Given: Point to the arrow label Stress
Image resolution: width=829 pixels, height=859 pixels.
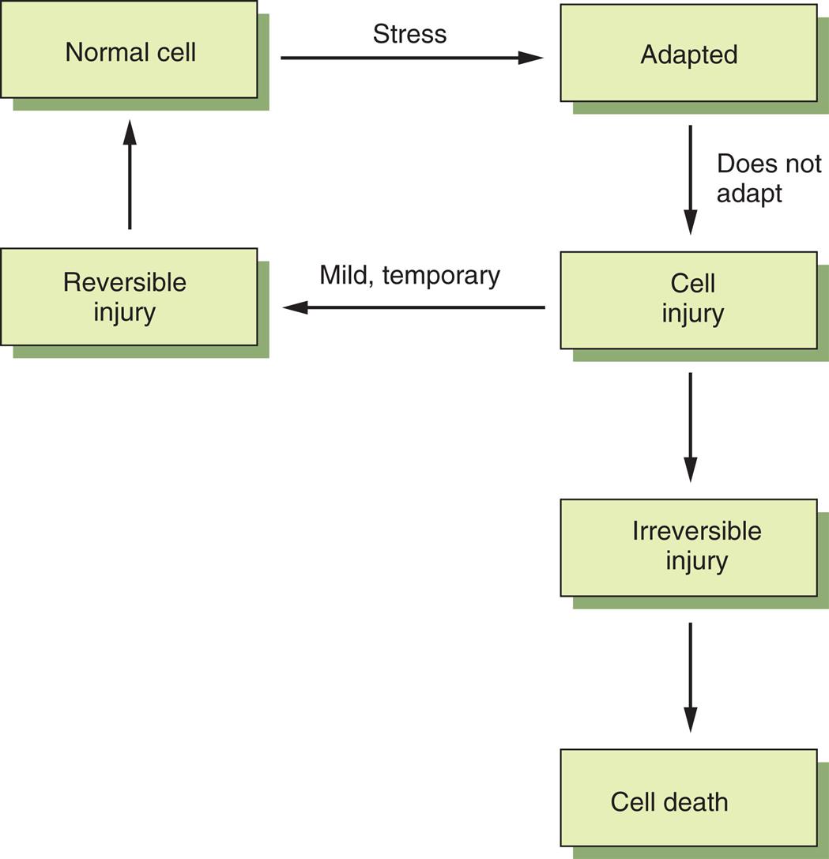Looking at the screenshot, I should pos(409,34).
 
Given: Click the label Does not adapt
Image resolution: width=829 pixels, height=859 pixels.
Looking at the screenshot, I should pos(768,178).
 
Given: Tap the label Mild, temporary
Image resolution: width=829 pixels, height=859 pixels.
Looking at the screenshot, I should pos(409,275).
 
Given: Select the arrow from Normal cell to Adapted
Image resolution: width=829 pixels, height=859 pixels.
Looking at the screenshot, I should pos(411,58).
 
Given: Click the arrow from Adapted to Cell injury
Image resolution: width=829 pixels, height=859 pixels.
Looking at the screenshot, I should pos(691,179).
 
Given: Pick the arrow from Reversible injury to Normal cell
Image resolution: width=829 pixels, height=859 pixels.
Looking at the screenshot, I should pos(130,175).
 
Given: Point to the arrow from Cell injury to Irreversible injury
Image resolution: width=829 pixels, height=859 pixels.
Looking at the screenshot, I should pos(691,427).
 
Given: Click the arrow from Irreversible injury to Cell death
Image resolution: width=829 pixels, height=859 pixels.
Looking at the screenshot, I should pos(691,676).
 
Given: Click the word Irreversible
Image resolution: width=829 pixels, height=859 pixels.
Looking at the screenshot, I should pos(696,531).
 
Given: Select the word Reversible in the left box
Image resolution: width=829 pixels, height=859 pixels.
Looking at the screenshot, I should pos(125,282).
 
